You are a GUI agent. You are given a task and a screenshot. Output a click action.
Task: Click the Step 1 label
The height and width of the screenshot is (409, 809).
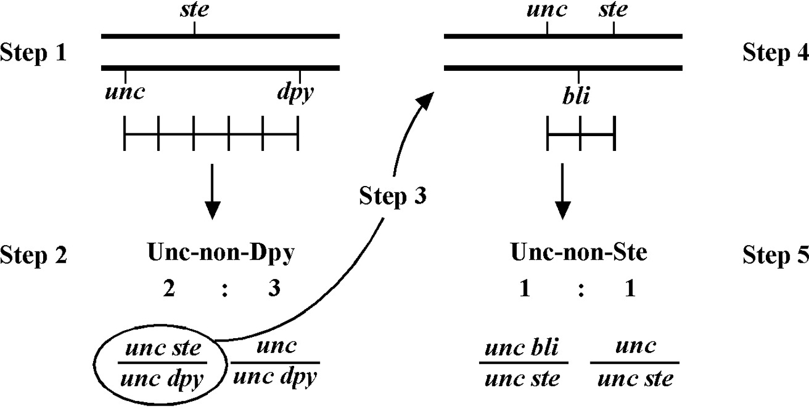[33, 53]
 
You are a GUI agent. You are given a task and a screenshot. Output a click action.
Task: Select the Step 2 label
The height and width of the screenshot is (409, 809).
[33, 255]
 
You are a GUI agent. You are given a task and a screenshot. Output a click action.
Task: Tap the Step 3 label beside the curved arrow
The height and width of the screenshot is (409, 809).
[393, 197]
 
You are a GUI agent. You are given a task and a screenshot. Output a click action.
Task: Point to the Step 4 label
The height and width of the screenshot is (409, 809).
[776, 53]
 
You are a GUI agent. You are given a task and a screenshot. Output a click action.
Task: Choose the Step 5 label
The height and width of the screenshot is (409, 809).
[776, 255]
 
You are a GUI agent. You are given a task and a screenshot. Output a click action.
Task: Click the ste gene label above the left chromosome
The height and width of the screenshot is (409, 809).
[194, 10]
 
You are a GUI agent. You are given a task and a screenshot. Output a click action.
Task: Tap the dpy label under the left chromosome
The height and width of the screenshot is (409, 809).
[295, 92]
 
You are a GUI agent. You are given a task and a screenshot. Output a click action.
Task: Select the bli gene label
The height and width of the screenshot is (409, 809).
[576, 96]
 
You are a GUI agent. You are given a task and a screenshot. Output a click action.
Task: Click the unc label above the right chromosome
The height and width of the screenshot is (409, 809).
[547, 10]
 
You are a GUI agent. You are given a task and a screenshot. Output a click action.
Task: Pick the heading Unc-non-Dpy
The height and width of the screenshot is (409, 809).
[221, 254]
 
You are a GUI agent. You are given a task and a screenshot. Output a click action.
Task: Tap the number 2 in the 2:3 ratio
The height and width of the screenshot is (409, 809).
[169, 288]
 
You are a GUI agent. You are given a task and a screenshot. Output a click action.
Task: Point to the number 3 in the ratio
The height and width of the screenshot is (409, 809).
[274, 288]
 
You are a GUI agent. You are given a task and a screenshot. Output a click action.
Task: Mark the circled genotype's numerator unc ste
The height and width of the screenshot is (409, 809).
[163, 348]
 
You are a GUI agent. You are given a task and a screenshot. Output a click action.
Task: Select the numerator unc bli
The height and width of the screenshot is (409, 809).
[522, 348]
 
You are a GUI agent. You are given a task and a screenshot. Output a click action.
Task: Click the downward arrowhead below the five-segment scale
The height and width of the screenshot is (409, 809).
[212, 211]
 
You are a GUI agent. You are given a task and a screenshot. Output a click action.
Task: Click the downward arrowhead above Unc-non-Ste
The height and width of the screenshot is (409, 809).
[563, 211]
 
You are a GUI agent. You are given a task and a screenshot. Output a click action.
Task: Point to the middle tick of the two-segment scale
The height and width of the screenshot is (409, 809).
[580, 133]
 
